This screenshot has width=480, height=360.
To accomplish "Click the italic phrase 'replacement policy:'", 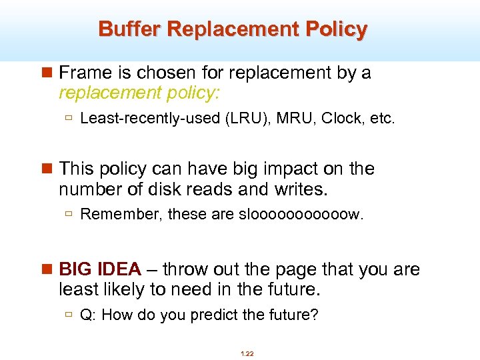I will [x=139, y=92].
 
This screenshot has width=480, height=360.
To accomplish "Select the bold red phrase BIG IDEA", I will [x=100, y=269].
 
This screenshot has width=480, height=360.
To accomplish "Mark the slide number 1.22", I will [x=246, y=353].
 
